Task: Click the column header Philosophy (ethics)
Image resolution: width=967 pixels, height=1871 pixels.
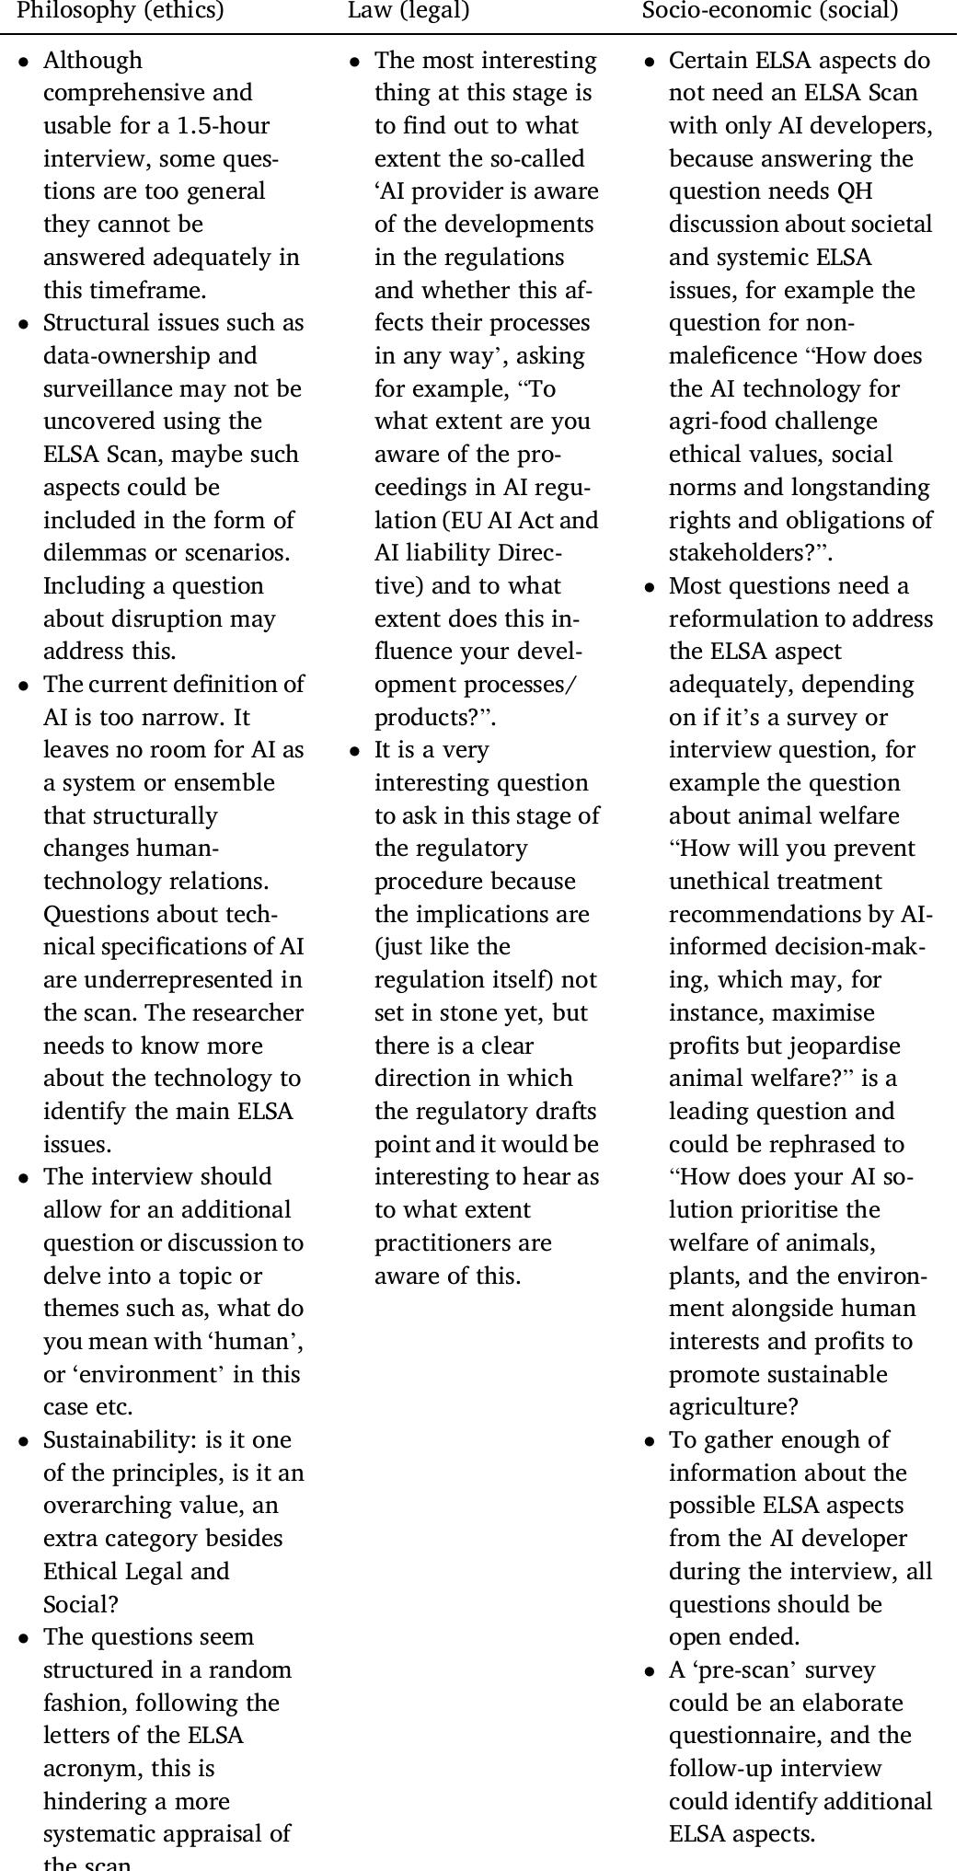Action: pyautogui.click(x=121, y=11)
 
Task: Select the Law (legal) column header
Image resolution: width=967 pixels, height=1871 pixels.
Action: pyautogui.click(x=409, y=11)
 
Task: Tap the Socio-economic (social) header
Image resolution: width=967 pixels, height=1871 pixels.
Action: pyautogui.click(x=769, y=11)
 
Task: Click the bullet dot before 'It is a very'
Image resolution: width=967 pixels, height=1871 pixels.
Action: pyautogui.click(x=355, y=751)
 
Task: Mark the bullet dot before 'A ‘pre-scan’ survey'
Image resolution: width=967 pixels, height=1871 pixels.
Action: pyautogui.click(x=650, y=1670)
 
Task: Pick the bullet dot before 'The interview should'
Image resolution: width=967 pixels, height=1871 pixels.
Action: pyautogui.click(x=24, y=1178)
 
